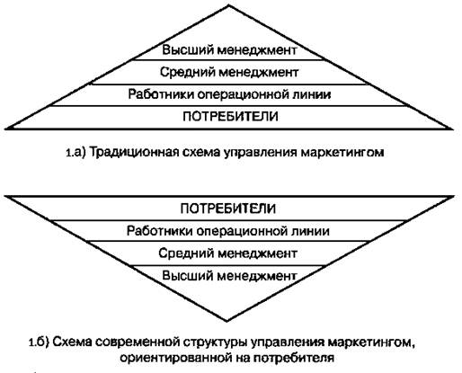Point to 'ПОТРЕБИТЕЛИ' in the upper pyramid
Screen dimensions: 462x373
click(230, 116)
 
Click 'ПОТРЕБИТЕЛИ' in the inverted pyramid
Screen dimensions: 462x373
click(228, 209)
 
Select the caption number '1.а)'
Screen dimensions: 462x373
click(76, 153)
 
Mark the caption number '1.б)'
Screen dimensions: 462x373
click(39, 342)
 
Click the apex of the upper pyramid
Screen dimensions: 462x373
click(228, 5)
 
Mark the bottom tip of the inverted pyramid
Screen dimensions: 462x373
click(227, 321)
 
